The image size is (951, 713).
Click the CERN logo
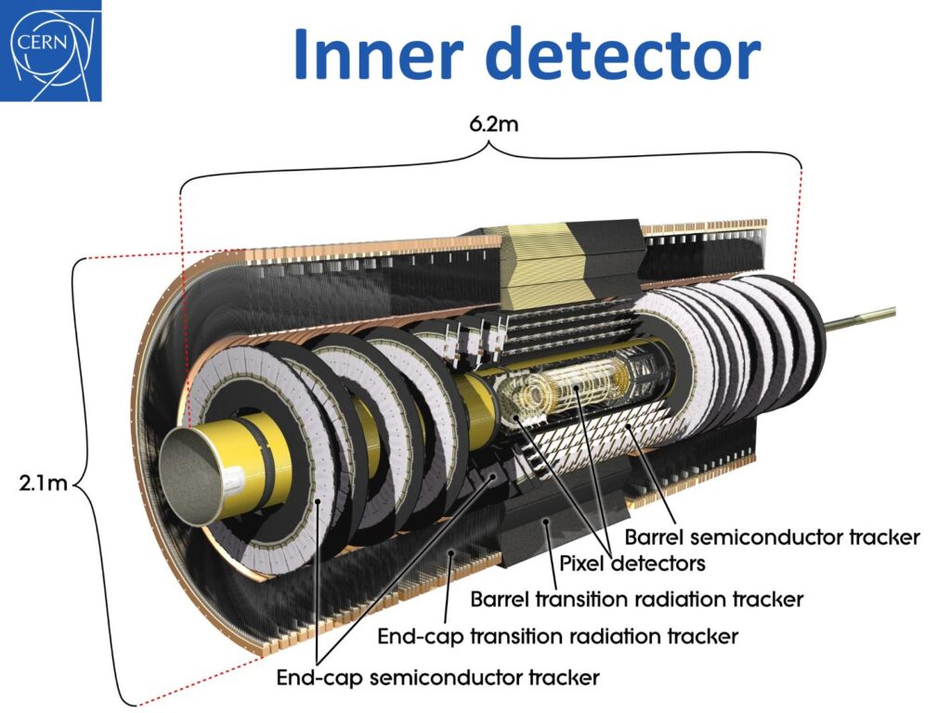52,50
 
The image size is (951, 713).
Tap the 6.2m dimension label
493,124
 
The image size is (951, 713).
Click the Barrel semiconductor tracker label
772,537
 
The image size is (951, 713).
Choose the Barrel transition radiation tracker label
636,599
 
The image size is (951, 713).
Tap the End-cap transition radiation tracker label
557,636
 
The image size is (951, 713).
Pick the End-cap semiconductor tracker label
437,677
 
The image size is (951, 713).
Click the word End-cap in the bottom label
316,677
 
